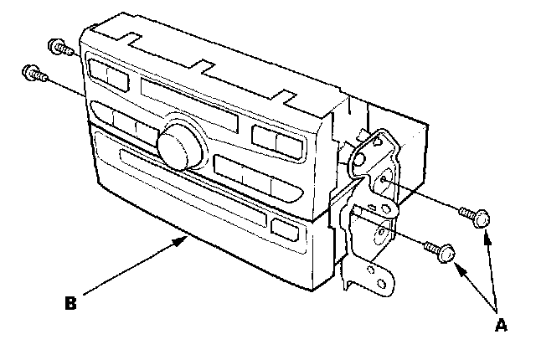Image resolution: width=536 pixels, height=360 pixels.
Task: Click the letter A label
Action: pyautogui.click(x=502, y=327)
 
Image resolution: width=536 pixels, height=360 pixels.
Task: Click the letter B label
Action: pyautogui.click(x=71, y=301)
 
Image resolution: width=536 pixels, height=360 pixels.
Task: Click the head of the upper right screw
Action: pyautogui.click(x=480, y=219)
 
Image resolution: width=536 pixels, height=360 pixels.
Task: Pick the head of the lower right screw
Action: pyautogui.click(x=447, y=252)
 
